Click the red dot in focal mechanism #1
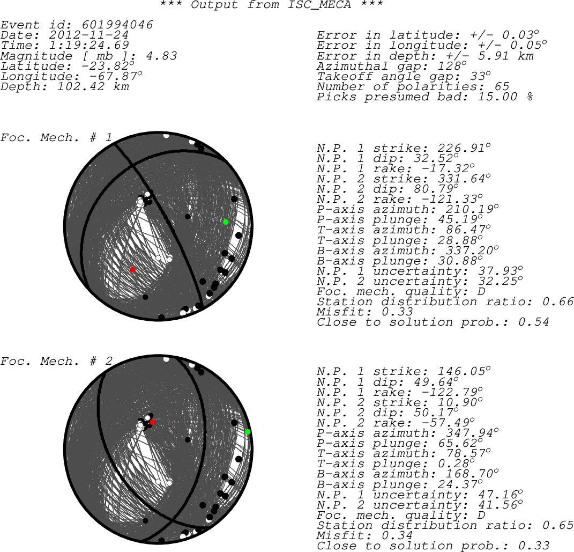pos(132,270)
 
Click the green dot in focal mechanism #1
pos(226,222)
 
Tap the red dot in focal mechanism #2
pos(152,422)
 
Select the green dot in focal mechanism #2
pos(248,432)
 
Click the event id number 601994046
pos(117,25)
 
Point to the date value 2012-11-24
pos(88,35)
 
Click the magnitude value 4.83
pos(161,56)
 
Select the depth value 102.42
pos(80,86)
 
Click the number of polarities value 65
pos(502,86)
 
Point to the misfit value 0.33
pos(397,312)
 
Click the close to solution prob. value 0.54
pos(534,322)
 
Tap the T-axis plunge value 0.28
pos(453,463)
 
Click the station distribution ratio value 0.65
pos(558,525)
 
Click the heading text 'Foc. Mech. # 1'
pos(56,137)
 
